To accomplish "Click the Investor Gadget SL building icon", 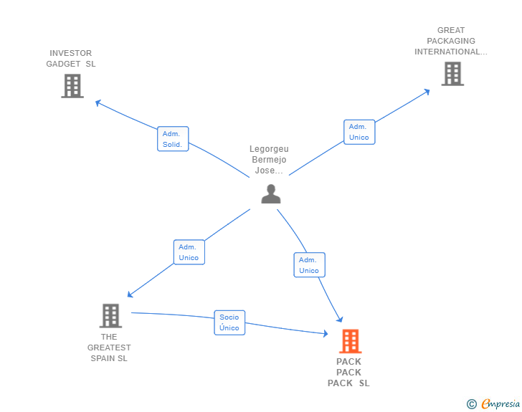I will pos(72,86).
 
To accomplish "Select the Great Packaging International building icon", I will pos(452,73).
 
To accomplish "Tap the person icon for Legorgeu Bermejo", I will pos(270,193).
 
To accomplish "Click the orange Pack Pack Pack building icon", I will pos(350,341).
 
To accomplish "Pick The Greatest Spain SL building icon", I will pos(110,315).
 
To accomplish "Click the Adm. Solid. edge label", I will pos(173,139).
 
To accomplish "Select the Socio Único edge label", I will pos(229,322).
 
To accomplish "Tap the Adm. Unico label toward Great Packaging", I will pos(359,132).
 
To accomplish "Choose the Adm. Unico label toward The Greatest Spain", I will pos(189,252).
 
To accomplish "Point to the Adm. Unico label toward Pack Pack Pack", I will pos(309,265).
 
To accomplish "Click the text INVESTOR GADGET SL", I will pos(70,59).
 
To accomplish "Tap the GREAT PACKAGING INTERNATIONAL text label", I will pos(450,41).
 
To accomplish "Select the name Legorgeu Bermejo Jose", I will pos(269,160).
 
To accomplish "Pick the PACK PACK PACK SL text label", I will pos(348,373).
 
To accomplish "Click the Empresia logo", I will pos(500,404).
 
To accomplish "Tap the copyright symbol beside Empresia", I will pos(471,404).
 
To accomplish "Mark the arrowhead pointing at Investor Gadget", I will pos(98,102).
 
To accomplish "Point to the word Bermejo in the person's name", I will pos(269,160).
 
